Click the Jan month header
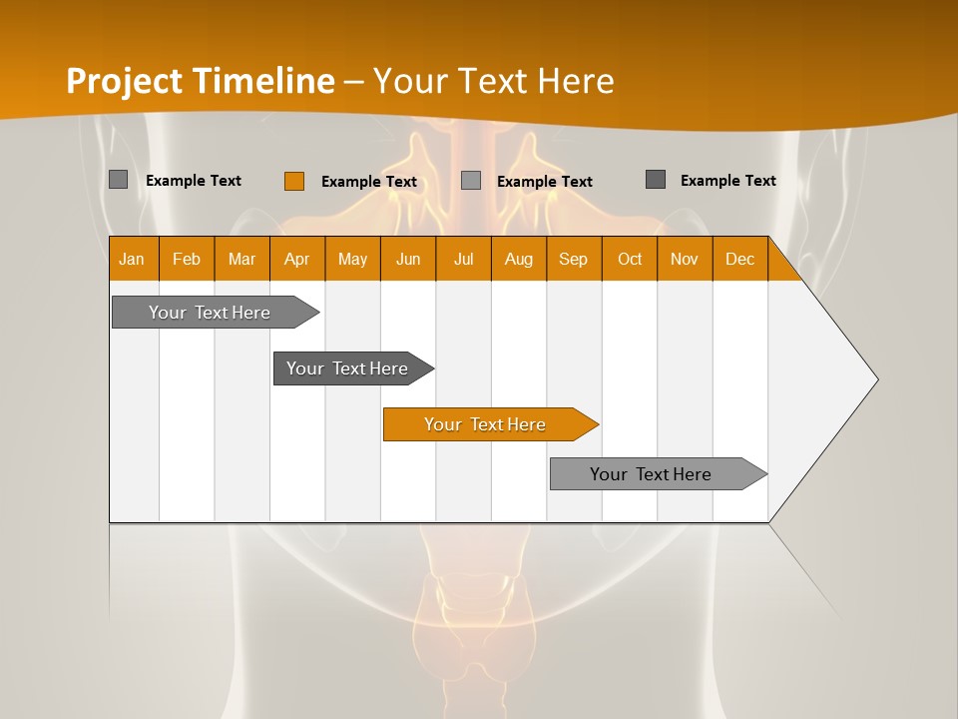tap(133, 259)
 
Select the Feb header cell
tap(187, 259)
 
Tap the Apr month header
tap(297, 259)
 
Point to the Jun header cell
tap(408, 259)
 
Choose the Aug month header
tap(519, 259)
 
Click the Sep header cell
tap(574, 259)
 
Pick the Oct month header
tap(630, 259)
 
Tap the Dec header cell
tap(740, 259)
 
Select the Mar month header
tap(241, 259)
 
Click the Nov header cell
tap(685, 259)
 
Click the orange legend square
tap(294, 181)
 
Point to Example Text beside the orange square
tap(369, 182)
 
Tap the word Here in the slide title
tap(576, 81)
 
